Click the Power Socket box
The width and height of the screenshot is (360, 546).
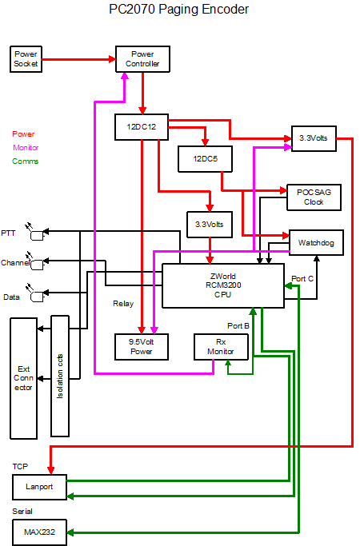tap(26, 59)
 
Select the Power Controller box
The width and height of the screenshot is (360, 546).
tap(142, 59)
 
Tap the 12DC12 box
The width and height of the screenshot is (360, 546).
tap(142, 127)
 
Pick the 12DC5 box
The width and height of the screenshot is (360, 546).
tap(205, 159)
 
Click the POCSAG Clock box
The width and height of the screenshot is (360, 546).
tap(314, 197)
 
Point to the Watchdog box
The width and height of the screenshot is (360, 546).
tap(316, 243)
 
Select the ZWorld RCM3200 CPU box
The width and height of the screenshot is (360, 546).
tap(223, 285)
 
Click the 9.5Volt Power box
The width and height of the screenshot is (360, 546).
tap(142, 347)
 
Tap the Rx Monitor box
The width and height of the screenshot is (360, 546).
tap(221, 347)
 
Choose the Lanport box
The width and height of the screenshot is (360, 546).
tap(39, 487)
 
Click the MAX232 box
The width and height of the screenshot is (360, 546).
tap(39, 532)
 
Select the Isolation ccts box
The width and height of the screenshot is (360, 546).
tap(60, 376)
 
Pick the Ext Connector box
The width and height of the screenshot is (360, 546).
tap(24, 378)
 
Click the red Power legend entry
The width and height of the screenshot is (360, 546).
tap(23, 134)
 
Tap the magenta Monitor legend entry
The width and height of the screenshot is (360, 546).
tap(26, 148)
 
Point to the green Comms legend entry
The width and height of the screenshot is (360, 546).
tap(25, 161)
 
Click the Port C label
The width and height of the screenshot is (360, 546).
tap(302, 279)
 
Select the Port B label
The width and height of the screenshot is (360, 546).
tap(238, 326)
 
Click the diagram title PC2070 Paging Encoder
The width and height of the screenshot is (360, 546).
tap(178, 10)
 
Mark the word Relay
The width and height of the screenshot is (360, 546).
tap(123, 304)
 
